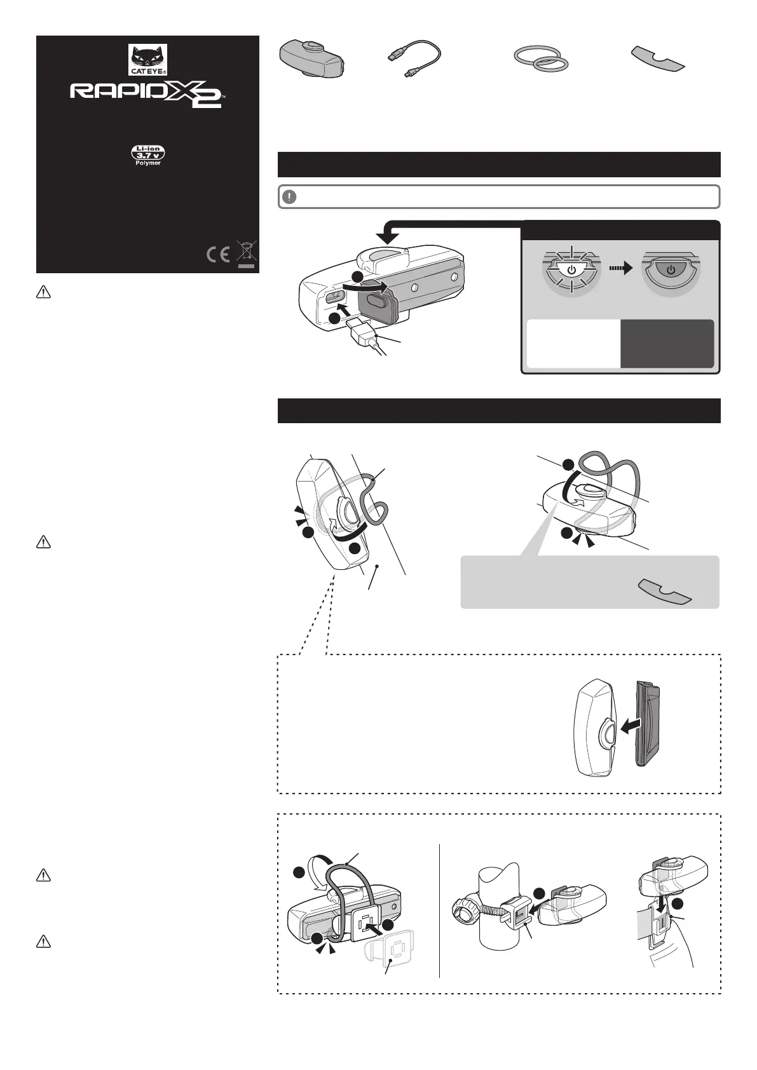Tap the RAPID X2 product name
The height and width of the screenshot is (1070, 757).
(x=147, y=93)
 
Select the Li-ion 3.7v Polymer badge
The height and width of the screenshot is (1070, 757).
(x=148, y=155)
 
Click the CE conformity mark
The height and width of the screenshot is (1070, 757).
(x=218, y=254)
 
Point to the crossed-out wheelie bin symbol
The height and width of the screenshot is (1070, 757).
(x=246, y=254)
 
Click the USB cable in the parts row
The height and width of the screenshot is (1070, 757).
(x=414, y=58)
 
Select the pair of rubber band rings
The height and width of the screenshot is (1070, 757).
(x=541, y=58)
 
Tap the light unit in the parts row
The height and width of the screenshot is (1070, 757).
(x=311, y=59)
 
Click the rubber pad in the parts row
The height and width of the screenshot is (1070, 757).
(x=658, y=58)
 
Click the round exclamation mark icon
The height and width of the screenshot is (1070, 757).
(x=289, y=197)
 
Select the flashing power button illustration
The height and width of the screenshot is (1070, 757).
(x=571, y=270)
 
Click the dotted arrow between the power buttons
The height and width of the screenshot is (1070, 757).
(x=621, y=269)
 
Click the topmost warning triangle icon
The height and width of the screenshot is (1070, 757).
(x=43, y=292)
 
